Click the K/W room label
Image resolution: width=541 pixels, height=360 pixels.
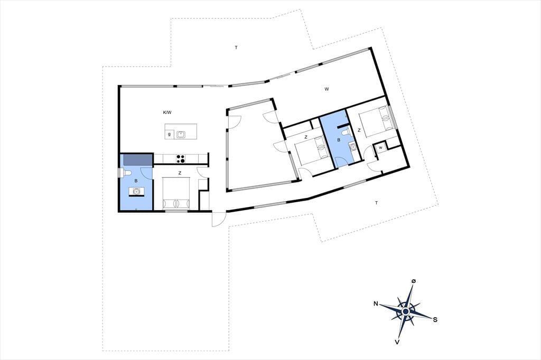point(167,112)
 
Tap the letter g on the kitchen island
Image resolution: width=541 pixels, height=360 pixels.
point(169,135)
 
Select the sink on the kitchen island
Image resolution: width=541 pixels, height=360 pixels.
point(181,134)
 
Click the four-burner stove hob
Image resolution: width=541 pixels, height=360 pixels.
point(181,158)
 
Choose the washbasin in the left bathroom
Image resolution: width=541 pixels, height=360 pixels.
point(136,191)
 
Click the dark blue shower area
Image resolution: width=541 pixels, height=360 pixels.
point(138,159)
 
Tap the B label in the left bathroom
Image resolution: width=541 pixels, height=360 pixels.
point(136,181)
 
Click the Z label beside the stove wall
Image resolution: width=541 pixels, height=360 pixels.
point(180,174)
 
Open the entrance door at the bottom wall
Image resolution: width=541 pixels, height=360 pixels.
point(219,219)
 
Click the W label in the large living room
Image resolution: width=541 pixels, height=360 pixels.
point(327,89)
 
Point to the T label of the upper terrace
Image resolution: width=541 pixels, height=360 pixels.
point(236,48)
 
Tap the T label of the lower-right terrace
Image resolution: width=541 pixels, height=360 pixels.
point(376,203)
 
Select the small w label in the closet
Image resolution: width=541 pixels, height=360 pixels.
point(380,148)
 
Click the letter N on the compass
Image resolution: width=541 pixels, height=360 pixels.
point(376,304)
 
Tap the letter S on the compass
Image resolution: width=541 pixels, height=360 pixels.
point(435,320)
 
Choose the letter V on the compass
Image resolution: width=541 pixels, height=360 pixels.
point(398,342)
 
